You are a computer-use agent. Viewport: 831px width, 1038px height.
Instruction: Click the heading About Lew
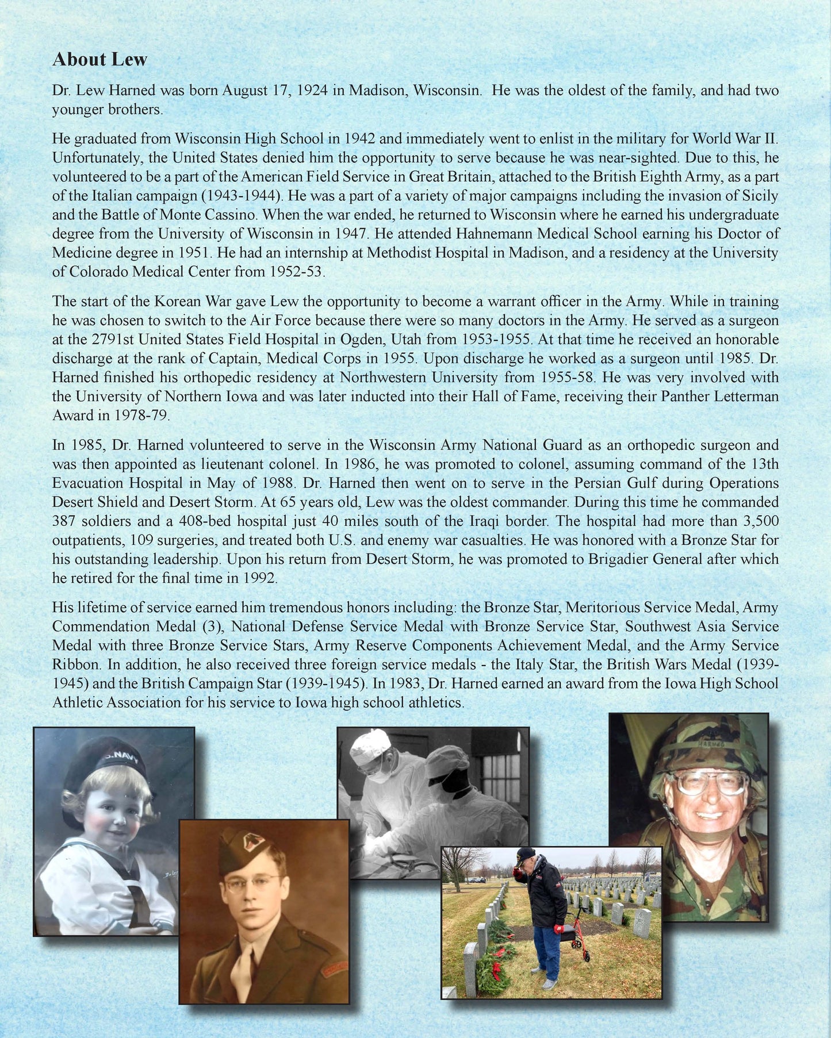click(x=99, y=59)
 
